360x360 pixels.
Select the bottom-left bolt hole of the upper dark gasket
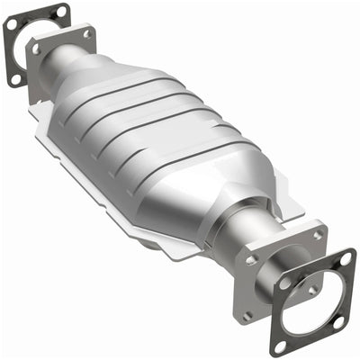15,79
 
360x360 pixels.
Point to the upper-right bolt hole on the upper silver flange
88,33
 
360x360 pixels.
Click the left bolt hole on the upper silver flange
37,49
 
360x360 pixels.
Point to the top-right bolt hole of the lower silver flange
317,236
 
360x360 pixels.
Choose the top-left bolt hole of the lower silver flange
252,259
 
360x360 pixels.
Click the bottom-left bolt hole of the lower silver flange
248,316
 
